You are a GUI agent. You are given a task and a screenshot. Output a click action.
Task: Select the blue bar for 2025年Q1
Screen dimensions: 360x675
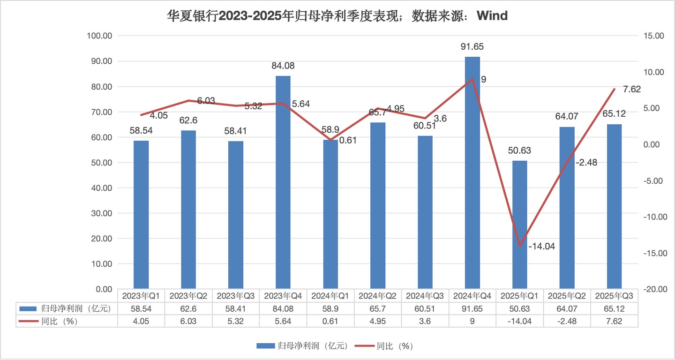(519, 225)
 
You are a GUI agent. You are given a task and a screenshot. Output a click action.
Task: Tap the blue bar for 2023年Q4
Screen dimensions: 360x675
(283, 183)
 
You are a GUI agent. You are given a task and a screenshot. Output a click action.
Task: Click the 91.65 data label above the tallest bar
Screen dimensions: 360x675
(472, 46)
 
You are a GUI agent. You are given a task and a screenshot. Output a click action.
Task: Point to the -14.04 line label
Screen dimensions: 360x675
(541, 247)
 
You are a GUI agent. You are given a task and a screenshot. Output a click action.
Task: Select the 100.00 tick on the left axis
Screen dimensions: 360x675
(100, 36)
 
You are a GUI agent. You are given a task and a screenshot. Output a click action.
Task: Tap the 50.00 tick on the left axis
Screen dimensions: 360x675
(101, 163)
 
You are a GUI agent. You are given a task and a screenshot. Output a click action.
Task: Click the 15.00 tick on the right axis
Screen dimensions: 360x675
(652, 36)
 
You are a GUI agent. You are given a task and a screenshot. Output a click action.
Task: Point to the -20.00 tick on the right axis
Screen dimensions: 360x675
(652, 289)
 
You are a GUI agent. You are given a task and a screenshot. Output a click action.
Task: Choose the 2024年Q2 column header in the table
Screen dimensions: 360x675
(378, 296)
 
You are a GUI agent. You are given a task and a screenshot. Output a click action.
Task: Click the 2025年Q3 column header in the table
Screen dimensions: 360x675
(614, 296)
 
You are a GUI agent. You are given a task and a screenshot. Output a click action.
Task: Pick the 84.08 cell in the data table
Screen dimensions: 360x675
(283, 308)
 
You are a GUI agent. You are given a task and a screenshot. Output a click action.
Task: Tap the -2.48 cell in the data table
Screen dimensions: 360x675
(567, 321)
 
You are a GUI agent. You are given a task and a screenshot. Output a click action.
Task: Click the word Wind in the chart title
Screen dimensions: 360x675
(492, 16)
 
